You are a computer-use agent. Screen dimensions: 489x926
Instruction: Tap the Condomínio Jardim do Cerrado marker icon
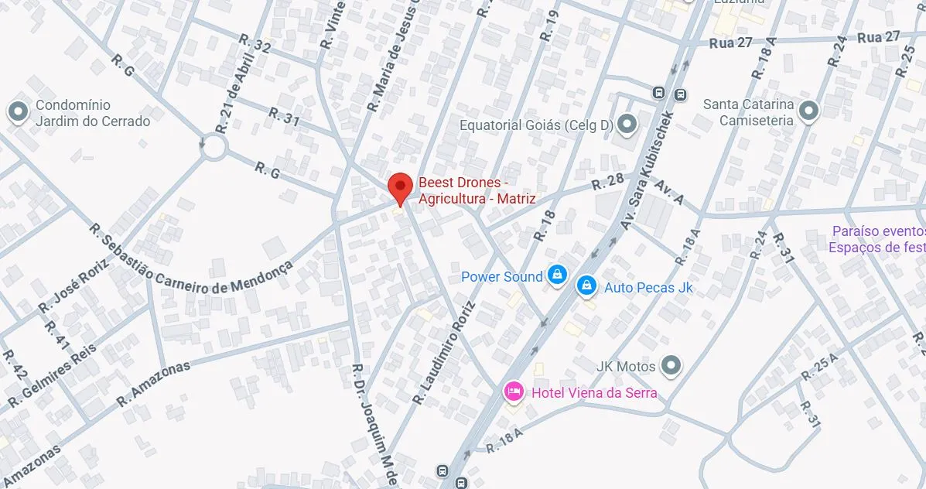click(18, 113)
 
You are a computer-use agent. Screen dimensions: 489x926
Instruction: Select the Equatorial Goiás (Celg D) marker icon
click(627, 124)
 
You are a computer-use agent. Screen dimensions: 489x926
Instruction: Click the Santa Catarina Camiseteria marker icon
click(808, 112)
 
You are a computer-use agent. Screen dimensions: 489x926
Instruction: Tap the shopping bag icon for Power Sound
click(556, 275)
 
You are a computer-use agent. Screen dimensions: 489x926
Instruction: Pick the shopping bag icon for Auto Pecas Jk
click(587, 286)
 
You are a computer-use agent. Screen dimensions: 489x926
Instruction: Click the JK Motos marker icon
click(671, 365)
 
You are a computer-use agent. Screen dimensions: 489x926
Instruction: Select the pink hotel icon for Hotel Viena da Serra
click(513, 392)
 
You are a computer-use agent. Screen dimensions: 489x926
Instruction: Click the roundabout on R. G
click(214, 147)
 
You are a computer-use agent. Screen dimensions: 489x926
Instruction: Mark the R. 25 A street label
click(819, 364)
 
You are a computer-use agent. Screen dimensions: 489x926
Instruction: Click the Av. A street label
click(669, 194)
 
